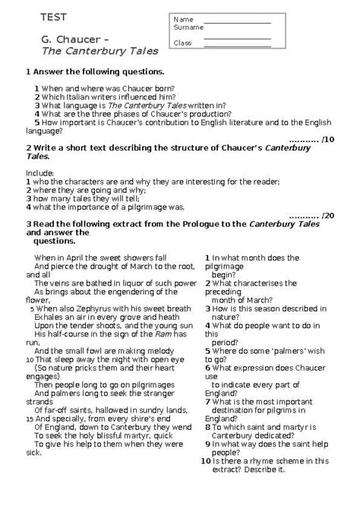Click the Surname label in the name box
click(x=188, y=27)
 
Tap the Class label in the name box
click(x=182, y=43)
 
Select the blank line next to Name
click(x=237, y=21)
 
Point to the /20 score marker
click(x=328, y=215)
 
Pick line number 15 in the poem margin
click(x=28, y=418)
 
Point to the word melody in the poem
click(x=171, y=350)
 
